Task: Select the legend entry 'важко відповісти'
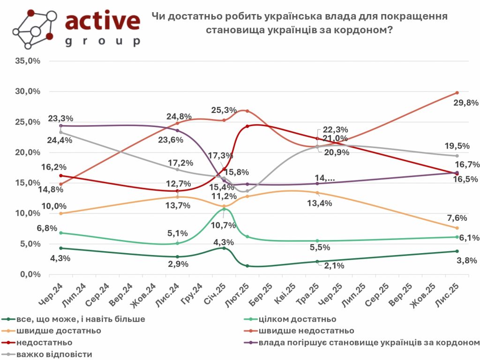coord(54,354)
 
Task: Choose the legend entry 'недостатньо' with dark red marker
coord(44,342)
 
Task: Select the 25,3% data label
coord(224,110)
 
